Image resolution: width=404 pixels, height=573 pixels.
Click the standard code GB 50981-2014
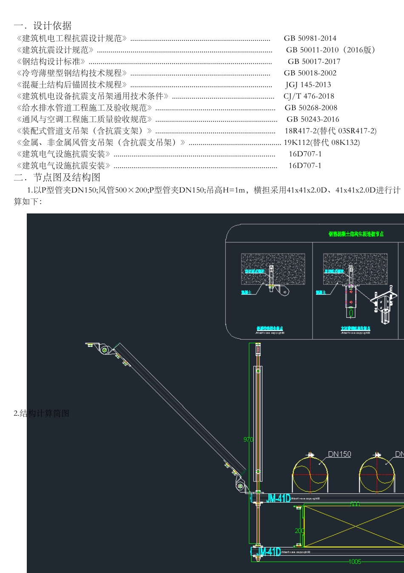pyautogui.click(x=310, y=38)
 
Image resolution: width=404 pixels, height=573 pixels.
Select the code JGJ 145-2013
pyautogui.click(x=308, y=85)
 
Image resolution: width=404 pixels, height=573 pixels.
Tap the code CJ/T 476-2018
pyautogui.click(x=309, y=96)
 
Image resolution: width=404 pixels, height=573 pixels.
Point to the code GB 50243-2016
pyautogui.click(x=313, y=119)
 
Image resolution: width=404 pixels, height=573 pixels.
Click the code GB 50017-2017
pyautogui.click(x=314, y=61)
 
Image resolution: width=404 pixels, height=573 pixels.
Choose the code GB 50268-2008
pyautogui.click(x=311, y=108)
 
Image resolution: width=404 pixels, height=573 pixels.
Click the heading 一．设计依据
pyautogui.click(x=43, y=26)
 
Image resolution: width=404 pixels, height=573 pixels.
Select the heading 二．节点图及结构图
pyautogui.click(x=57, y=177)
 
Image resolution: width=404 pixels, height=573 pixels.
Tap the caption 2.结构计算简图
pyautogui.click(x=41, y=413)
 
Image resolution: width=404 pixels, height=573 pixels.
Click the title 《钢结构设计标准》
pyautogui.click(x=51, y=61)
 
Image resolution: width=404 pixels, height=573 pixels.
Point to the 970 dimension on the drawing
pyautogui.click(x=248, y=439)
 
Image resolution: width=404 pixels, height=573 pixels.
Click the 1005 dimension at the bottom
pyautogui.click(x=355, y=561)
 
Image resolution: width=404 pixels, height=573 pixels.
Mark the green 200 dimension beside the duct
pyautogui.click(x=299, y=531)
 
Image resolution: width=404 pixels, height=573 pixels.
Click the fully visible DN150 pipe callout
pyautogui.click(x=339, y=454)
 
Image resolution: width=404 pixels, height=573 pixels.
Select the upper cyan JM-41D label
pyautogui.click(x=278, y=498)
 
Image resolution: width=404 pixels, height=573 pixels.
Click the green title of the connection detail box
pyautogui.click(x=356, y=234)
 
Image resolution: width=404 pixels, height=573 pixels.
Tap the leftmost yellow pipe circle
pyautogui.click(x=310, y=475)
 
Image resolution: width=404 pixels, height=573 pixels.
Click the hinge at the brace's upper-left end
pyautogui.click(x=105, y=350)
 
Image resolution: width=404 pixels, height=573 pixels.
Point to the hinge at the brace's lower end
pyautogui.click(x=240, y=486)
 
